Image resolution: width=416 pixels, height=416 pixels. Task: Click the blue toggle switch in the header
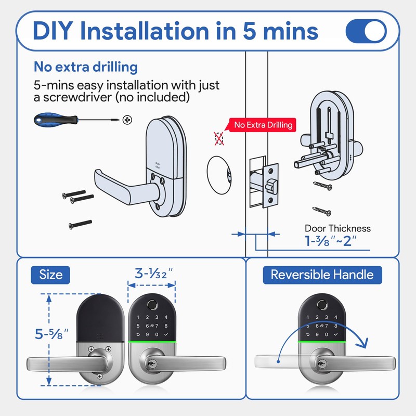366,31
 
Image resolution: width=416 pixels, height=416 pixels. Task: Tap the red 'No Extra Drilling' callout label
263,125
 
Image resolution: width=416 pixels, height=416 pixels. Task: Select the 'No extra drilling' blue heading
86,67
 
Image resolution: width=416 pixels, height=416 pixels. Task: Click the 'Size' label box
50,275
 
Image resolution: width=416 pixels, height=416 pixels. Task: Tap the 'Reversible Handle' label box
322,275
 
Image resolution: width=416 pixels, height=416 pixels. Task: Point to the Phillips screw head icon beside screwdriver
126,120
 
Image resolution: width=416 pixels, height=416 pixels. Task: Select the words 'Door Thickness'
337,228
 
